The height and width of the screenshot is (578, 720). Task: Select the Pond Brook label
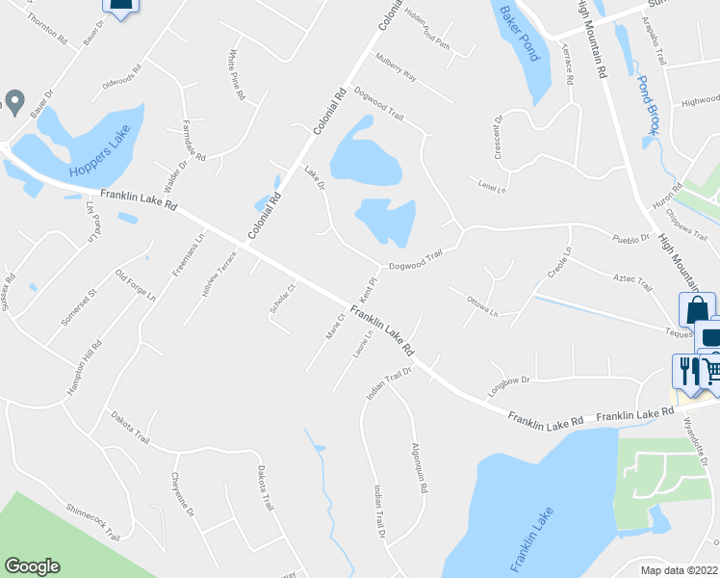[649, 107]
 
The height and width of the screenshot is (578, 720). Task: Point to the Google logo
[32, 566]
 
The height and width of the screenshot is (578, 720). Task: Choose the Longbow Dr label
[509, 381]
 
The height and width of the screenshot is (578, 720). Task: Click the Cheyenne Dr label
[183, 494]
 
